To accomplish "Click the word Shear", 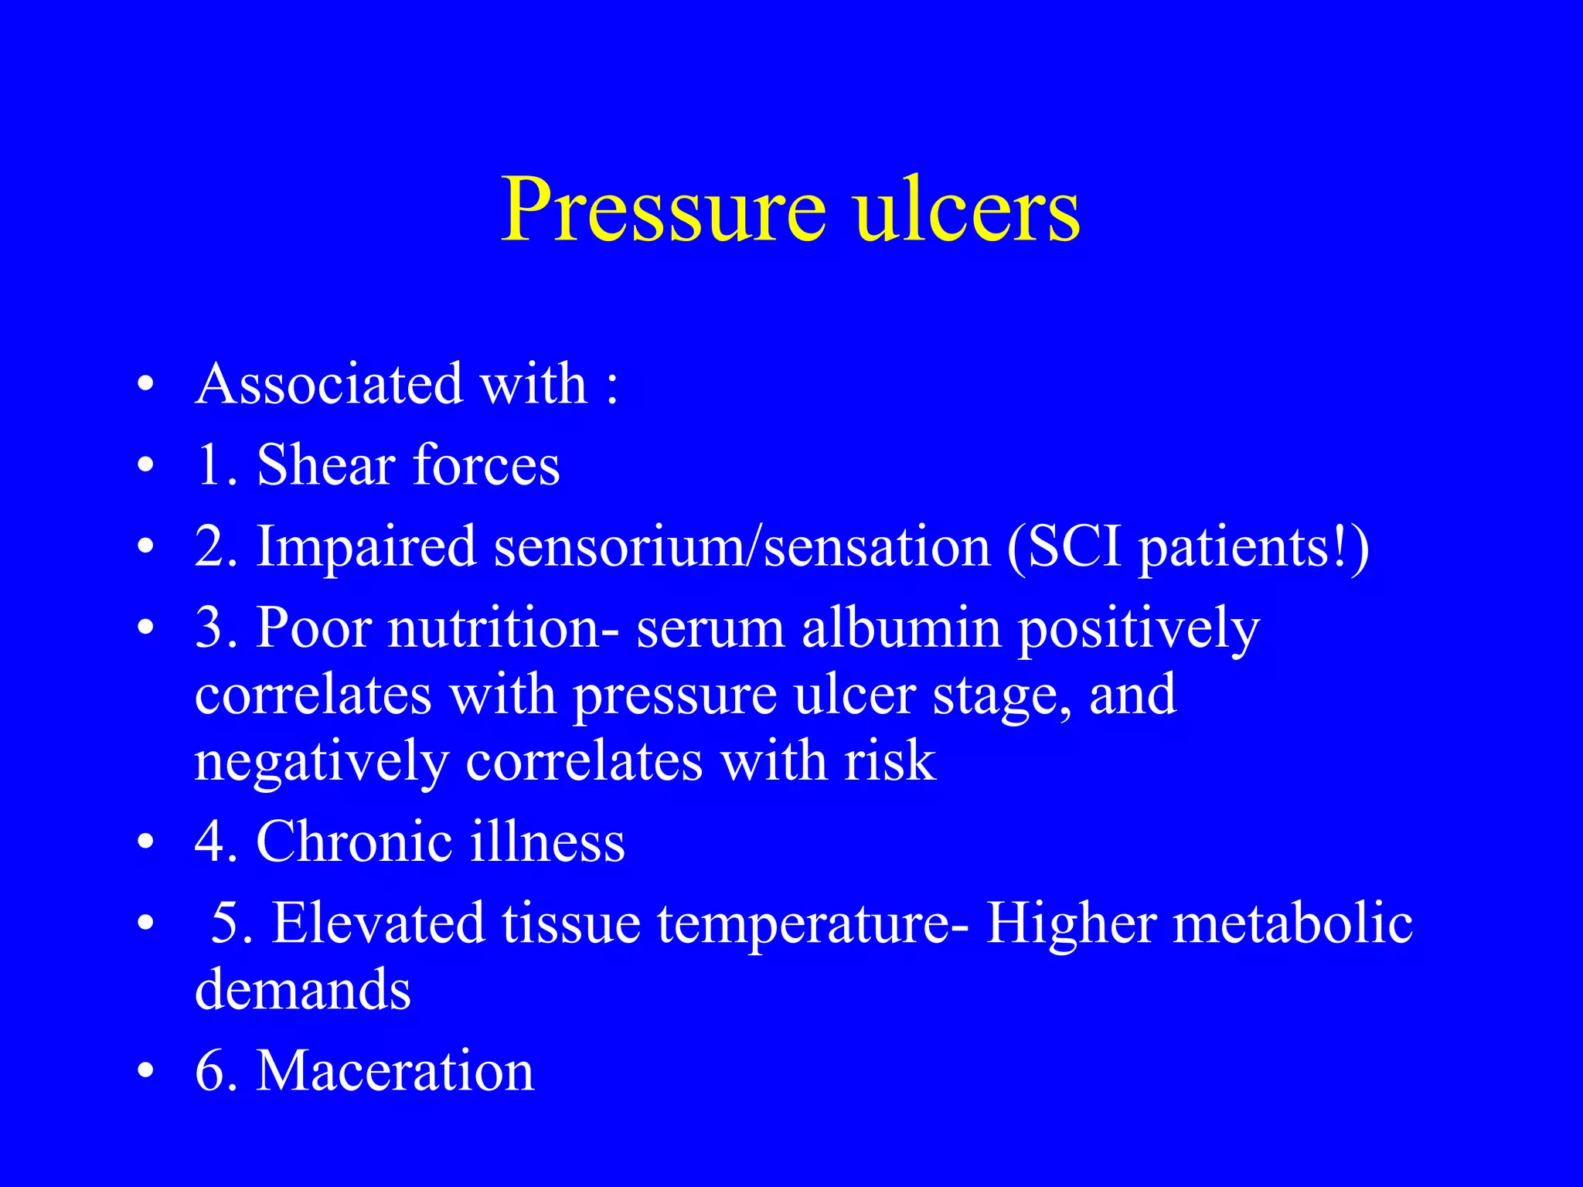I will pyautogui.click(x=325, y=465).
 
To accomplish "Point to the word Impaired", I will pyautogui.click(x=366, y=547).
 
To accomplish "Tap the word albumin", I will pyautogui.click(x=900, y=628).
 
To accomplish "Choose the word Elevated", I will pyautogui.click(x=378, y=923).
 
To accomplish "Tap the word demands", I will pyautogui.click(x=302, y=989).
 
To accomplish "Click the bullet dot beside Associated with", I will pyautogui.click(x=145, y=385).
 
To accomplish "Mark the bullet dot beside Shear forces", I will pyautogui.click(x=145, y=467).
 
